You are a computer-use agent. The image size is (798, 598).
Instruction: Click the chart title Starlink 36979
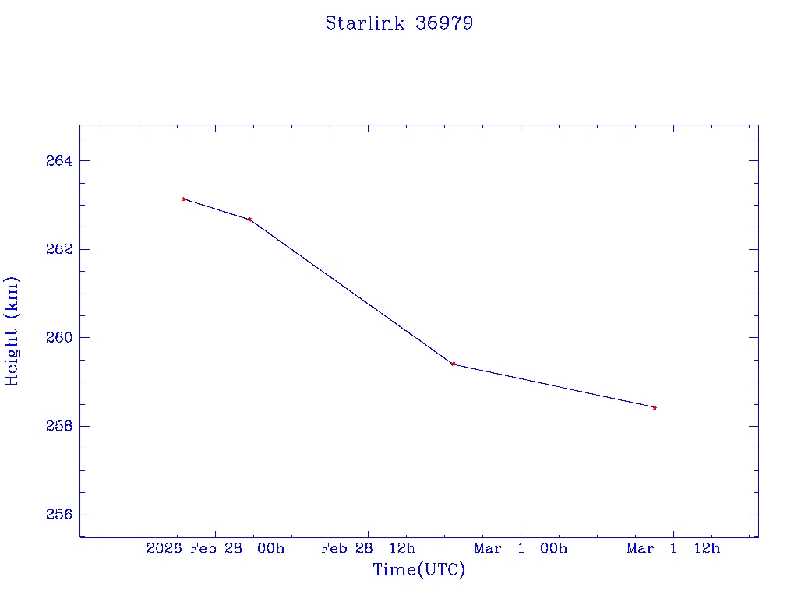(399, 23)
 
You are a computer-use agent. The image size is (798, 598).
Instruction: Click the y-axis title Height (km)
(12, 331)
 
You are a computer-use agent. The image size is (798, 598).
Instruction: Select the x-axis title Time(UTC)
(418, 570)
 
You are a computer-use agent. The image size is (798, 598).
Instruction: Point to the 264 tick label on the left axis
(58, 161)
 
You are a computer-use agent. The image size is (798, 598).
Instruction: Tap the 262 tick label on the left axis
(58, 249)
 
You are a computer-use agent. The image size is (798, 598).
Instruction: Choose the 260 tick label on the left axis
(58, 338)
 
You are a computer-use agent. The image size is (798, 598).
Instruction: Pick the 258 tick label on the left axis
(58, 427)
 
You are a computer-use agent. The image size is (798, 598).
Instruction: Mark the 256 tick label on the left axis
(58, 515)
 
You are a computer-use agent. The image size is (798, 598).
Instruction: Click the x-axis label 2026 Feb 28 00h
(216, 549)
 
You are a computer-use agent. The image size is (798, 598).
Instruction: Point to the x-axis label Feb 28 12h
(369, 549)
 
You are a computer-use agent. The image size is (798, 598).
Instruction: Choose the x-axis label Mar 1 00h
(521, 549)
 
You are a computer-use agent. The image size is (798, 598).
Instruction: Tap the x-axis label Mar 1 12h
(673, 549)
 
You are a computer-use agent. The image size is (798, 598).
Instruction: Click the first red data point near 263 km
(184, 199)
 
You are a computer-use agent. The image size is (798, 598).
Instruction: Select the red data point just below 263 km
(249, 220)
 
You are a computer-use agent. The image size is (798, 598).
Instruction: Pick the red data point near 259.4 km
(453, 364)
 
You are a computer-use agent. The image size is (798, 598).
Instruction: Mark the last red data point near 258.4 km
(655, 407)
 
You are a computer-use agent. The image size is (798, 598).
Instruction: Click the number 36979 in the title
(444, 23)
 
